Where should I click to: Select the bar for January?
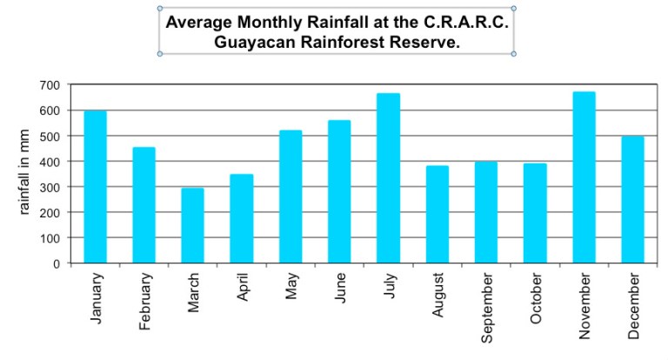point(95,186)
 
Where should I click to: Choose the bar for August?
point(438,214)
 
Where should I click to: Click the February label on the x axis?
point(145,301)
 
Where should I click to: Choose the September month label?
point(487,306)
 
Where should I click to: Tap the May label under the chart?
point(291,287)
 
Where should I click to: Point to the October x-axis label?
point(536,298)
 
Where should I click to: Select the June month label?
point(340,289)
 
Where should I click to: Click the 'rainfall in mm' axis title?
point(25,173)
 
